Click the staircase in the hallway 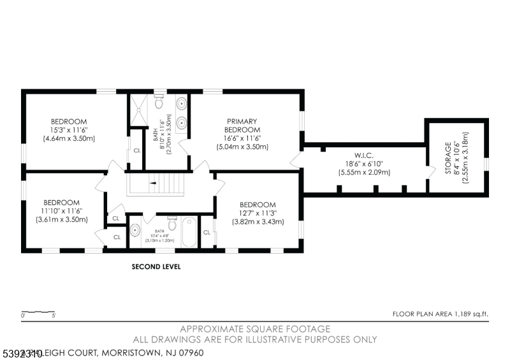point(156,184)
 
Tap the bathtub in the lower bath point(189,233)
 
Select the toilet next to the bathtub point(171,223)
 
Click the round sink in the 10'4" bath point(135,231)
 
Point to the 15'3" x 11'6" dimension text point(69,130)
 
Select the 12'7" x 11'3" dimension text point(258,213)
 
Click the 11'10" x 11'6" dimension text point(61,211)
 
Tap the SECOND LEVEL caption point(156,267)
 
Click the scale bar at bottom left point(38,313)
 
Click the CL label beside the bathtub point(207,232)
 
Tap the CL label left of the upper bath point(136,151)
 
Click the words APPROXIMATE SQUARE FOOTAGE point(255,329)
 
